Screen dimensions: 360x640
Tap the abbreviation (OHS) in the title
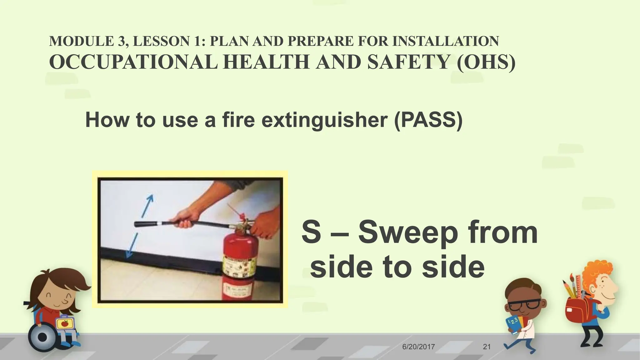point(486,62)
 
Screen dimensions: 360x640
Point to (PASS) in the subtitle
point(428,120)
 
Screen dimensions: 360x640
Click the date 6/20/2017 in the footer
point(418,347)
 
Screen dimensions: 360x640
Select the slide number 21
point(487,347)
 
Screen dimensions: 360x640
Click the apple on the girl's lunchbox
point(64,324)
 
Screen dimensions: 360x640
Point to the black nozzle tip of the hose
point(139,224)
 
